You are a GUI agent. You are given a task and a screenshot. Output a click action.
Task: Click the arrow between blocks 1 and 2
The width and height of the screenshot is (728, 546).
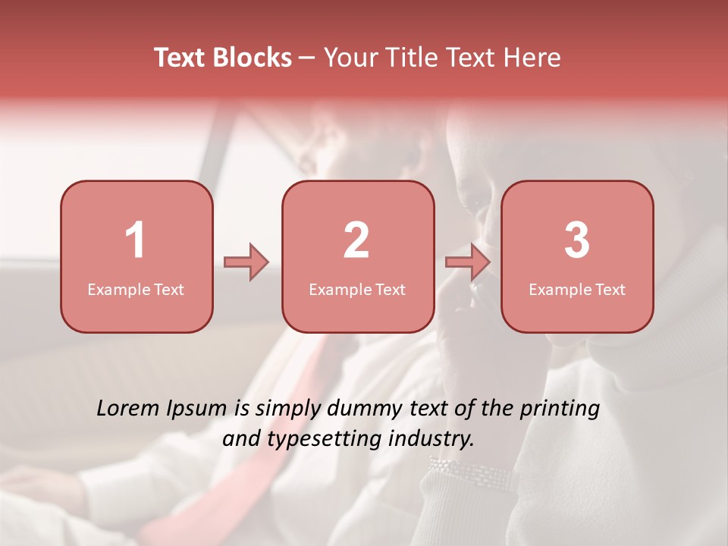pyautogui.click(x=246, y=262)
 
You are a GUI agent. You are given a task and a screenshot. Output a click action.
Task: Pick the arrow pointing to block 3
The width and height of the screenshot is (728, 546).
pyautogui.click(x=468, y=262)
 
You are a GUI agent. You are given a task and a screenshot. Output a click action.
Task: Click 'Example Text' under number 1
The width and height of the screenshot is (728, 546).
pyautogui.click(x=136, y=290)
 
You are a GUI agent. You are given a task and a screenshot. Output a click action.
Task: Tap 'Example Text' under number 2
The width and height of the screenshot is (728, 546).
pyautogui.click(x=357, y=290)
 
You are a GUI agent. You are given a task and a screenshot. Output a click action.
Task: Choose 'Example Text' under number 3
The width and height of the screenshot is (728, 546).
pyautogui.click(x=577, y=290)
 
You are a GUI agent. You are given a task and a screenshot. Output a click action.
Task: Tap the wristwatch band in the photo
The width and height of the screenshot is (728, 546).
pyautogui.click(x=470, y=474)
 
